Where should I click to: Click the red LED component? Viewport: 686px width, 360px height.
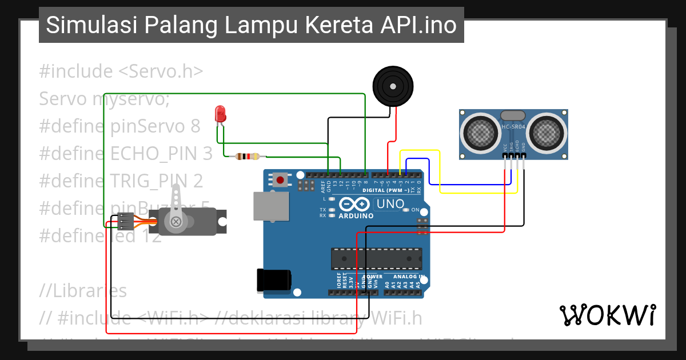coord(220,114)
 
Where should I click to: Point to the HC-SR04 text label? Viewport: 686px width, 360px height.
coord(513,127)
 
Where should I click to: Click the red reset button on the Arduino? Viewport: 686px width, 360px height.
coord(280,180)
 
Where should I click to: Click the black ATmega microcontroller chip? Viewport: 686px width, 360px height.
coord(377,258)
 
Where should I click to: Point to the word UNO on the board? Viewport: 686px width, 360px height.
coord(390,204)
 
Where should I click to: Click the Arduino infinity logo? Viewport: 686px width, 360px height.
coord(354,205)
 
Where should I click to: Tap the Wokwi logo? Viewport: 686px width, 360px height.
coord(607,315)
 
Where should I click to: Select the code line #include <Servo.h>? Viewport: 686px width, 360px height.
coord(121,71)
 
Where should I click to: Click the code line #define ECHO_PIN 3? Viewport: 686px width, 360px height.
coord(126,153)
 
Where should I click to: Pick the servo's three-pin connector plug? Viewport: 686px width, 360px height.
coord(125,221)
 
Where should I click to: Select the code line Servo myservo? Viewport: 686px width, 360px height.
coord(105,99)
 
